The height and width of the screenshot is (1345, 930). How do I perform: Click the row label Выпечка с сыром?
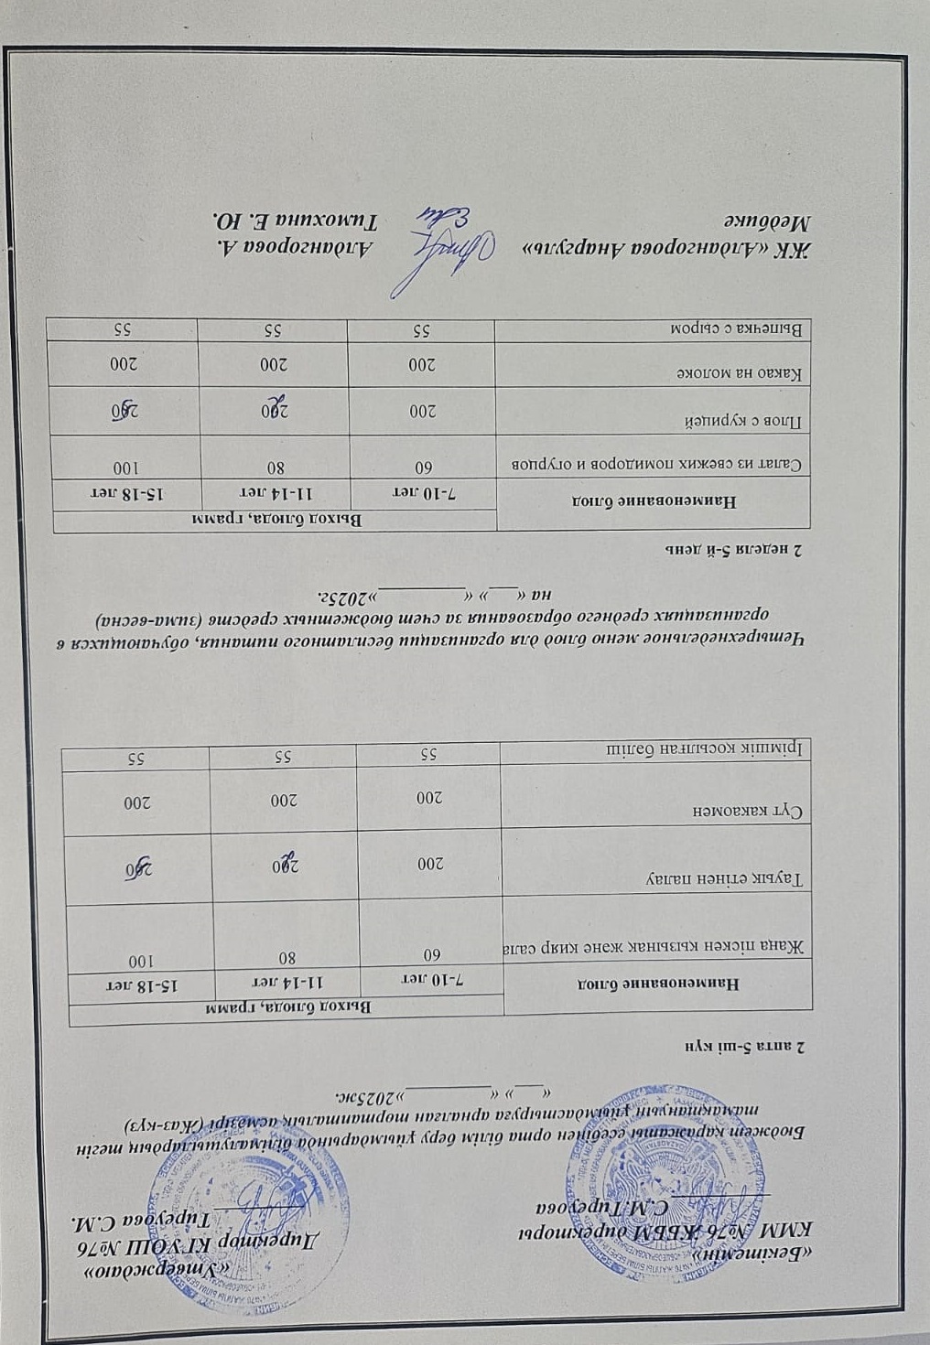[x=741, y=327]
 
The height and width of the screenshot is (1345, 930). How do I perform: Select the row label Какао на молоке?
[x=742, y=374]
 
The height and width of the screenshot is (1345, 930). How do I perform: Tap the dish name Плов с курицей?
[x=751, y=422]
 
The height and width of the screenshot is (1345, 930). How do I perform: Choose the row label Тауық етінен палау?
[x=727, y=879]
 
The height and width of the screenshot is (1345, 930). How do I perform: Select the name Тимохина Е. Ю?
[x=294, y=219]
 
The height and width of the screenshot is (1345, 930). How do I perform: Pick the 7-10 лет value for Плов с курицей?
[x=420, y=411]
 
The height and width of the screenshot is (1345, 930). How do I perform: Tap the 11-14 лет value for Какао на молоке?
[x=272, y=364]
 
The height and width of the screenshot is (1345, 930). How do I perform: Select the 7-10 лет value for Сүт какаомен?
[x=429, y=797]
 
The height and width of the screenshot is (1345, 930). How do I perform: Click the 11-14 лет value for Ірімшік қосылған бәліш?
[x=283, y=757]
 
